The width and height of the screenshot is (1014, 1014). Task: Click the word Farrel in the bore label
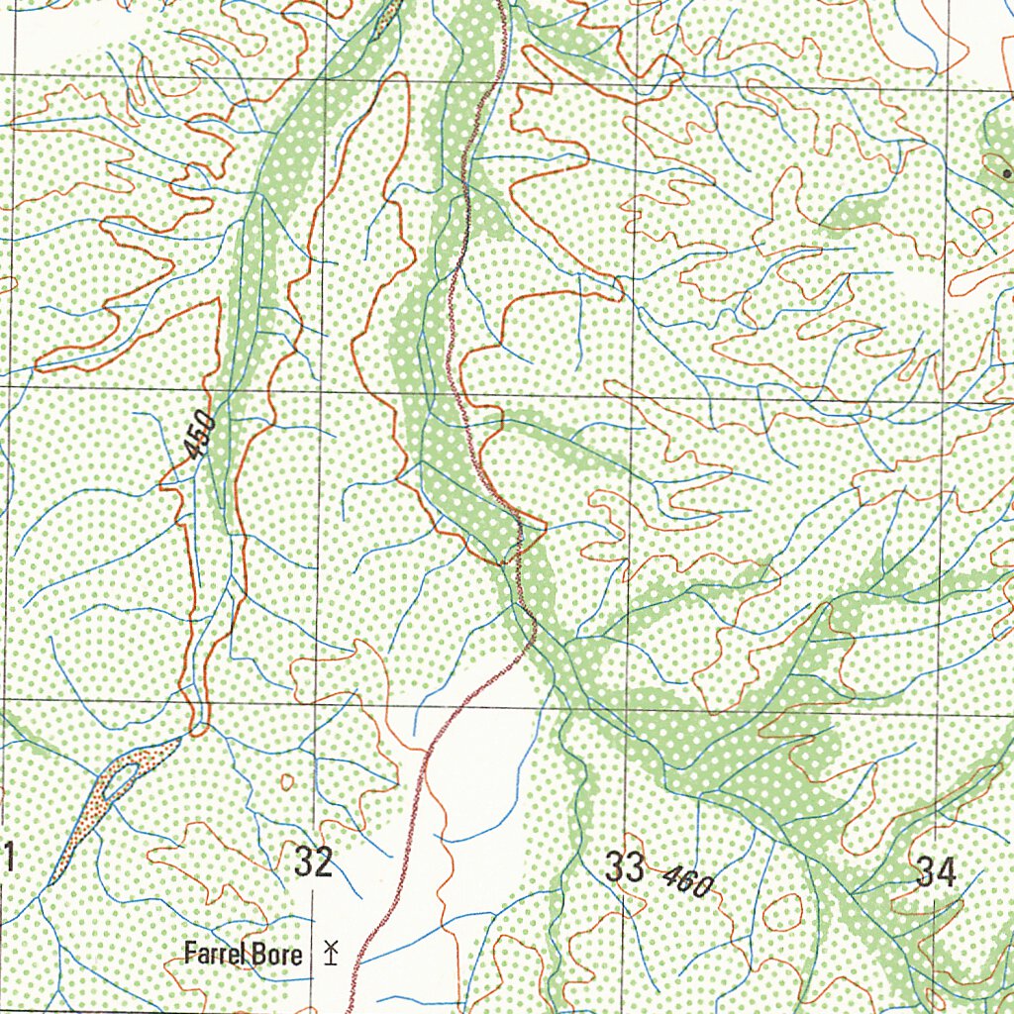tap(213, 955)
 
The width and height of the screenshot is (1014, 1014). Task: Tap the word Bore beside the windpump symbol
tap(281, 955)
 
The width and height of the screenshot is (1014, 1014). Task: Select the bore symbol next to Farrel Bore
tap(330, 954)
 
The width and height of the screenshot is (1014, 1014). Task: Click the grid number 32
tap(313, 862)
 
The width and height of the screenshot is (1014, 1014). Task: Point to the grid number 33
tap(625, 867)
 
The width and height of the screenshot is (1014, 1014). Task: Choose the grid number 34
tap(936, 872)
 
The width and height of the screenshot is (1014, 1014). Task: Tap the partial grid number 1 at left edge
tap(8, 858)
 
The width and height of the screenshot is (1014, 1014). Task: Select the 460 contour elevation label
tap(686, 880)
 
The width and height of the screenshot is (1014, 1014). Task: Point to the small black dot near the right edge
tap(994, 172)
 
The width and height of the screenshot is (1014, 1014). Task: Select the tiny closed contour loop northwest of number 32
tap(287, 782)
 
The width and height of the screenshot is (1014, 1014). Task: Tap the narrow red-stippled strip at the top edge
tap(387, 18)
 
